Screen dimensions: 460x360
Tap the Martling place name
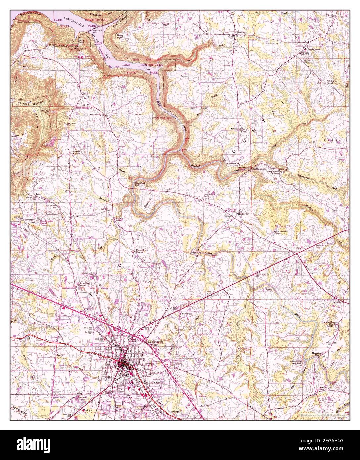click(241, 33)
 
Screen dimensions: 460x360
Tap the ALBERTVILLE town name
click(154, 342)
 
